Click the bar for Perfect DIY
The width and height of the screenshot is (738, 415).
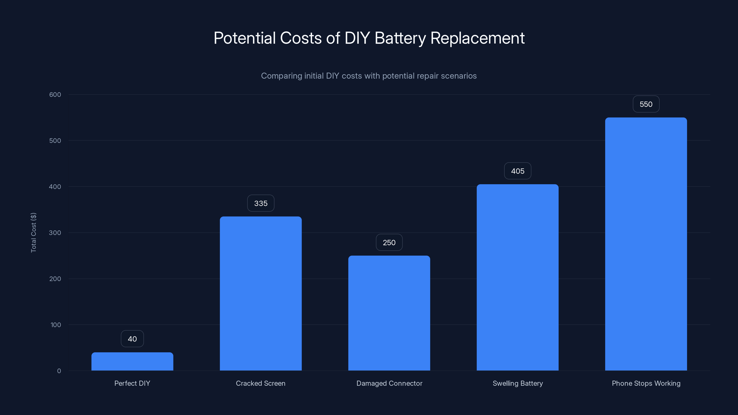[x=132, y=362]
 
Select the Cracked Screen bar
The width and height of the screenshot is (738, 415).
[x=260, y=293]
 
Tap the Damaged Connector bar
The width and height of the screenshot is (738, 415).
[x=389, y=313]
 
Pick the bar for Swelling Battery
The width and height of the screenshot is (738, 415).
[x=517, y=277]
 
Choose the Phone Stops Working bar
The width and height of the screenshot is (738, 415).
[x=646, y=244]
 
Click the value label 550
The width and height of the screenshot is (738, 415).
[x=646, y=104]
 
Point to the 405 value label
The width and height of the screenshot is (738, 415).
[x=517, y=171]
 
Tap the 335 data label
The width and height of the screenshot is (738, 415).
[x=260, y=203]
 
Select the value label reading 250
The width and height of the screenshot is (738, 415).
[x=389, y=243]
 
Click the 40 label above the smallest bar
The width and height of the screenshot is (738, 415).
[x=132, y=339]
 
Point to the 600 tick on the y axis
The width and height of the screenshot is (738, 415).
[x=55, y=95]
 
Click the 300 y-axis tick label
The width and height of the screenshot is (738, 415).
[x=55, y=233]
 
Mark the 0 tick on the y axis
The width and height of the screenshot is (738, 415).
[x=59, y=371]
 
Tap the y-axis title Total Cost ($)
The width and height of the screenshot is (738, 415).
[x=33, y=233]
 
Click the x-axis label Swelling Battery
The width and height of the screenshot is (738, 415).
[x=517, y=383]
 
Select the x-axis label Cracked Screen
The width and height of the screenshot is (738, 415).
[x=260, y=383]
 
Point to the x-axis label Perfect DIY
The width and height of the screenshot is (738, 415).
[x=132, y=383]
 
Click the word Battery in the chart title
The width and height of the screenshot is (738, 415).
[x=400, y=38]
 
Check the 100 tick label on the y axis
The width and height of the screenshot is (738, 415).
[x=56, y=325]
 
